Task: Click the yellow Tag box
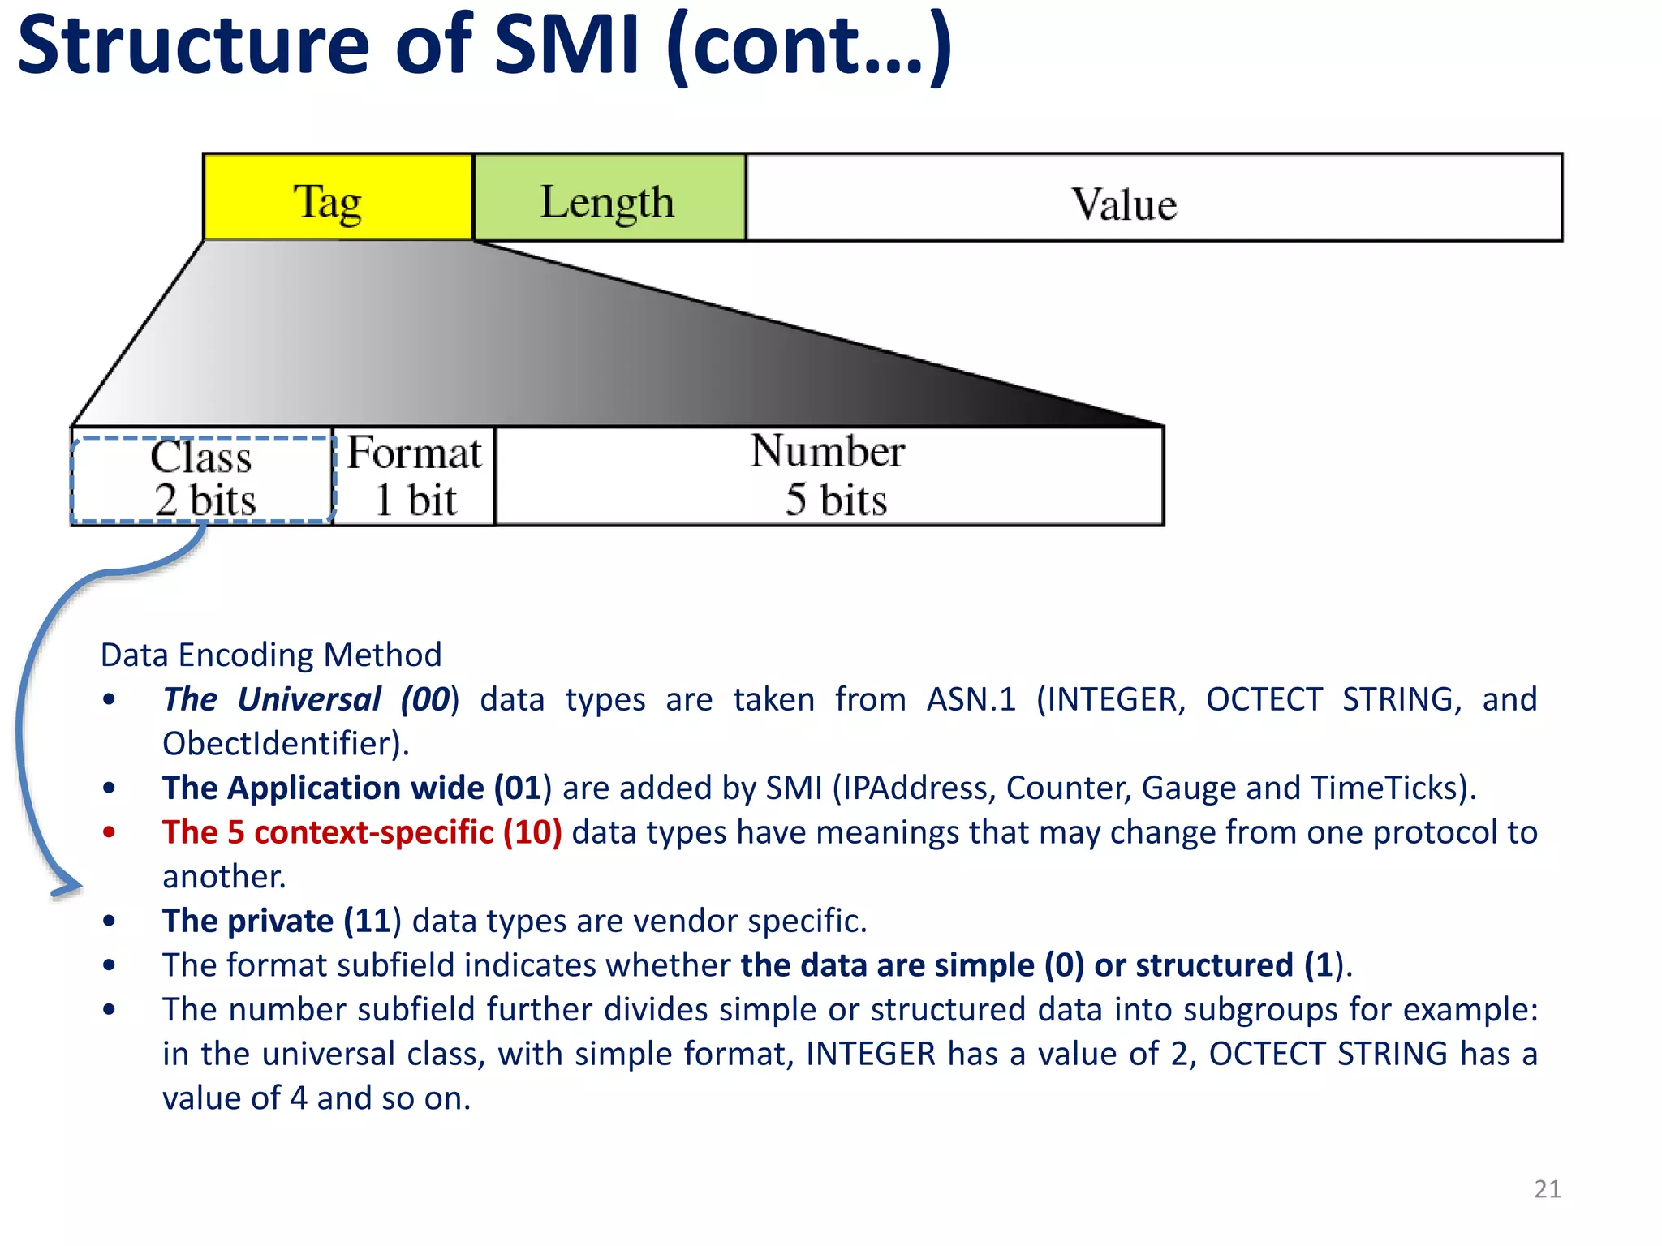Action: click(338, 197)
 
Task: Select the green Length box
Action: click(609, 197)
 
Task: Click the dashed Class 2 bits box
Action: click(203, 479)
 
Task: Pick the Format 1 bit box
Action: click(414, 477)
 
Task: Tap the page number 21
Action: click(1547, 1189)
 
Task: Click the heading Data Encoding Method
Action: click(271, 655)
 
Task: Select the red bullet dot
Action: click(110, 831)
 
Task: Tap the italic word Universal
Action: click(309, 699)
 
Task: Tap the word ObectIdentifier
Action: click(280, 744)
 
